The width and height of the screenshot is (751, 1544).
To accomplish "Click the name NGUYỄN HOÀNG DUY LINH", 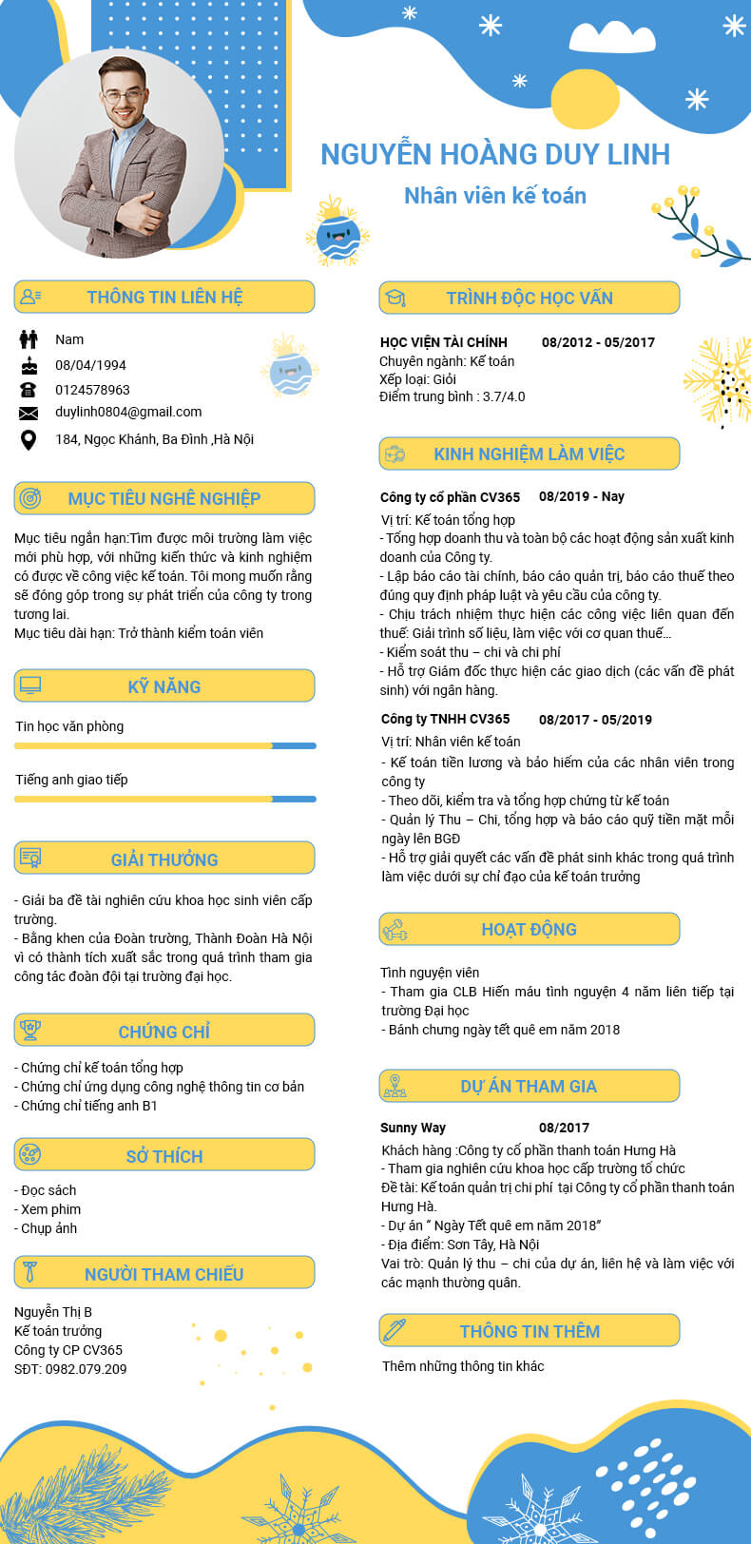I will [494, 154].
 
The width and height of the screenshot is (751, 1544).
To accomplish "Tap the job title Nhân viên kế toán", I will [494, 196].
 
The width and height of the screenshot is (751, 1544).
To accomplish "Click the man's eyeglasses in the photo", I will [124, 95].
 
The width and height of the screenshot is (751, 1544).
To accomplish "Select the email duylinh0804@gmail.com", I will [128, 412].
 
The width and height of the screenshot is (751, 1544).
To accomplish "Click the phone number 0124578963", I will [92, 390].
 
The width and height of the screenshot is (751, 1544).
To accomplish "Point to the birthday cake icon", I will [29, 365].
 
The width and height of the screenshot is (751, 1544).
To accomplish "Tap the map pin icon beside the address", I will [29, 439].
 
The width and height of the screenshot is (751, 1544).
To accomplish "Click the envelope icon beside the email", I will [29, 413].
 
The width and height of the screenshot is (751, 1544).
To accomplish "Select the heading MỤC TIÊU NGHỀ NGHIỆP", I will [164, 498].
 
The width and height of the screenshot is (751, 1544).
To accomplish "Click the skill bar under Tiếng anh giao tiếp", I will [164, 799].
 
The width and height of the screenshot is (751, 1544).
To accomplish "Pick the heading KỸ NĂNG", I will [164, 686].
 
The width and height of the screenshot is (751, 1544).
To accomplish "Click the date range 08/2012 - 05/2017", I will [598, 342].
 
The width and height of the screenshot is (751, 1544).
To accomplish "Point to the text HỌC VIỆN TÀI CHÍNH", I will [443, 342].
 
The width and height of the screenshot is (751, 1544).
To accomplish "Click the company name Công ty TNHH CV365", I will [445, 719].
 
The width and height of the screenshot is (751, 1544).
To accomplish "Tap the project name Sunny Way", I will [413, 1128].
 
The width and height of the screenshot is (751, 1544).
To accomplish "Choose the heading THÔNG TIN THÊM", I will [530, 1331].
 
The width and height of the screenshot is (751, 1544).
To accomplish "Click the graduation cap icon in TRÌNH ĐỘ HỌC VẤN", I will [395, 298].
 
